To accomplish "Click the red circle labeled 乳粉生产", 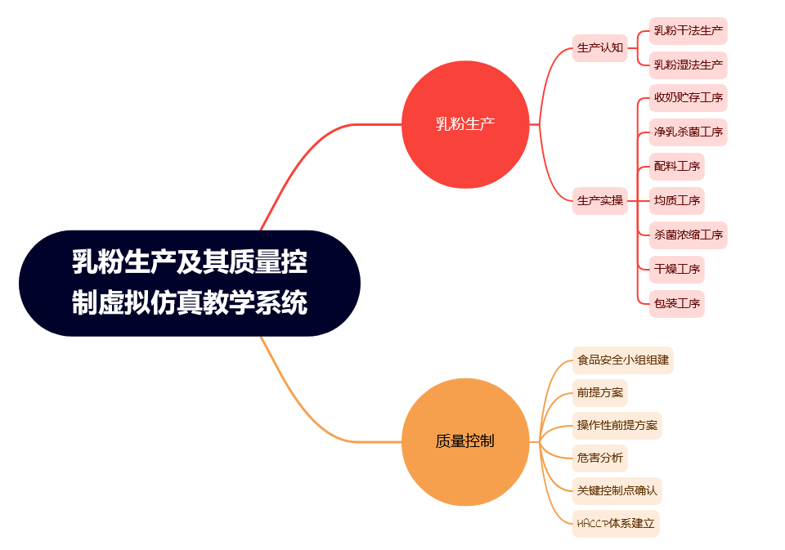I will pos(465,124).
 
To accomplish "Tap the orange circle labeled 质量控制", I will pos(465,441).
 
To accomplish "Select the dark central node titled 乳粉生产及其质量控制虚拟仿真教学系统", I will pos(190,283).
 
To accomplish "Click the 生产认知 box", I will pos(600,47).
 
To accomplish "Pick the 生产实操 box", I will pos(600,200).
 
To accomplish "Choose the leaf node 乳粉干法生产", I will pos(689,32).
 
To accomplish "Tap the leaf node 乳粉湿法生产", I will pos(689,64).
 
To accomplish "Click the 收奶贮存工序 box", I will pos(689,98).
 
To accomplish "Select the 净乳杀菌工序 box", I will pos(689,132).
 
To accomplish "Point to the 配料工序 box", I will pos(677,166).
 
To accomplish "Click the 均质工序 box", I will pos(677,200).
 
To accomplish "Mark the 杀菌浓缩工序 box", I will pos(689,235).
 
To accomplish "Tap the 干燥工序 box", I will pos(677,269).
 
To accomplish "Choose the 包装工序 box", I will pos(677,303).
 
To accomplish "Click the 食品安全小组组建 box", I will pos(623,359).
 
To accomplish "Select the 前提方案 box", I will pos(600,392).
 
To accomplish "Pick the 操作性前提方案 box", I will pos(617,425).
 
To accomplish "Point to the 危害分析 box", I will pos(600,458).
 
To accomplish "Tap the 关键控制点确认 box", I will pos(617,490).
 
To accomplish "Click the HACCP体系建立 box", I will pos(616,523).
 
